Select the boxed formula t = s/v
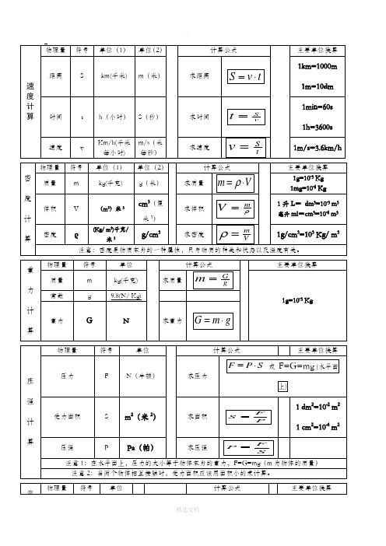[245, 117]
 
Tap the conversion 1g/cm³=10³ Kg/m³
[318, 233]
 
